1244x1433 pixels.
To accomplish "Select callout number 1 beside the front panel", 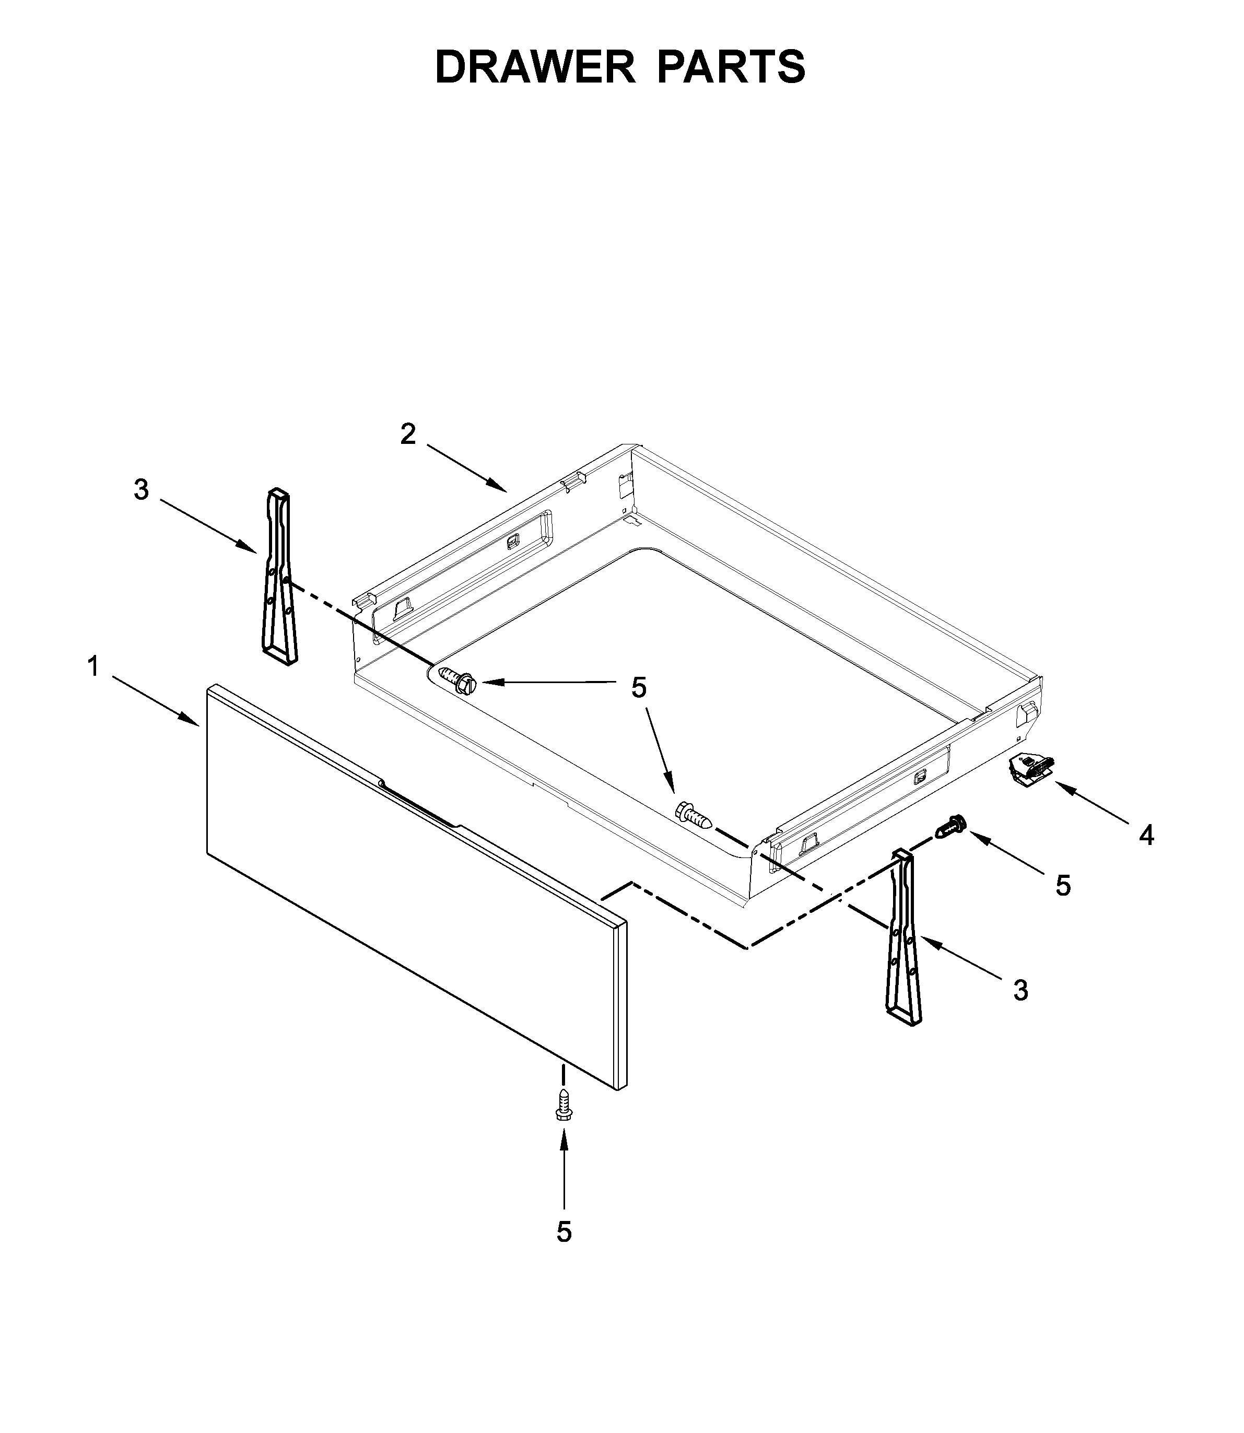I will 93,667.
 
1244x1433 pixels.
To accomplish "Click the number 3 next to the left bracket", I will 142,490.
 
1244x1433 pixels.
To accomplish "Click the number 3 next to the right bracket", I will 1020,991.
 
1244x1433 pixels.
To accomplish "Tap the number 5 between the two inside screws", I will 639,687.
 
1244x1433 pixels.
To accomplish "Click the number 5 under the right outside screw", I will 1063,885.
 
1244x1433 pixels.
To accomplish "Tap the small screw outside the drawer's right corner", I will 952,826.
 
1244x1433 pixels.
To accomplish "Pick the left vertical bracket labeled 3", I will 279,576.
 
